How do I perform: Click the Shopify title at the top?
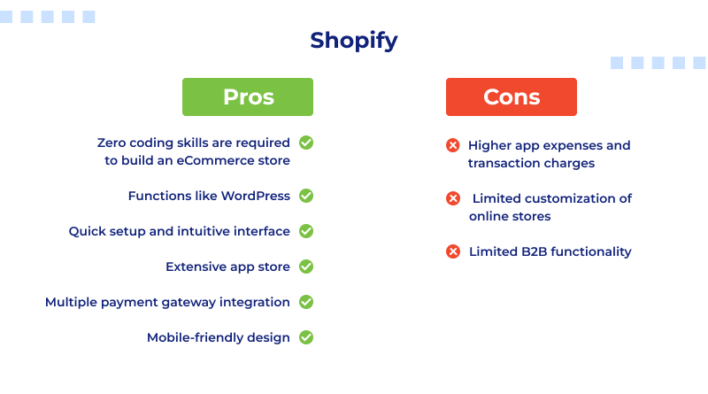(354, 41)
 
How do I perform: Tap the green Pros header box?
(248, 97)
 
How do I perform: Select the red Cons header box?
(512, 97)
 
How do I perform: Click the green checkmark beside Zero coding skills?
(306, 143)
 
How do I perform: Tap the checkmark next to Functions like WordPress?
(306, 196)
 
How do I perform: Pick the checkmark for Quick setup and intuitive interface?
(306, 231)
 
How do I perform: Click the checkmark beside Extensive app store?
(306, 267)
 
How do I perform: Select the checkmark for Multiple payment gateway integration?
(306, 302)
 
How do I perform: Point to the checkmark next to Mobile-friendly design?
(306, 337)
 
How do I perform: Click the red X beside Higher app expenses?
(453, 145)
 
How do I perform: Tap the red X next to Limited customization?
(453, 198)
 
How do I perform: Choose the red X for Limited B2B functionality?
(453, 251)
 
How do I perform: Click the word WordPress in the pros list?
(255, 196)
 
